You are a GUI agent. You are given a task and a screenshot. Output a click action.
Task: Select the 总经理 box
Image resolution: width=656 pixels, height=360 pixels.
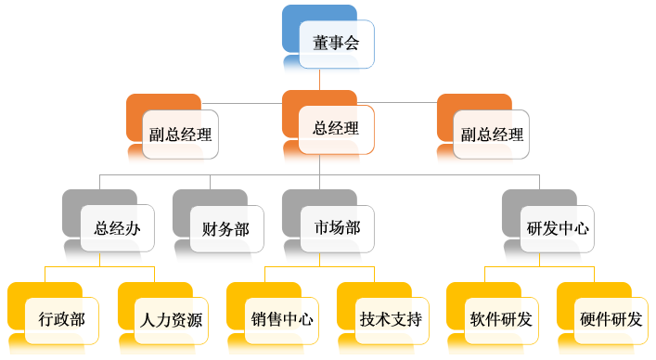click(x=336, y=130)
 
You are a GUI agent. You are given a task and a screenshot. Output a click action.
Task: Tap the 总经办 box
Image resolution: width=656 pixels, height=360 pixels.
click(x=117, y=228)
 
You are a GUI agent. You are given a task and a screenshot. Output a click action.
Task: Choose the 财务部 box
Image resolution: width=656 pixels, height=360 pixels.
click(x=225, y=228)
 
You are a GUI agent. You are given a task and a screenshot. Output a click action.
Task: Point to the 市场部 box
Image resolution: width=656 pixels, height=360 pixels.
click(x=337, y=228)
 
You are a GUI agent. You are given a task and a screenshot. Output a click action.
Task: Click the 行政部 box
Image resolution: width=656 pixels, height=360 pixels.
click(x=62, y=320)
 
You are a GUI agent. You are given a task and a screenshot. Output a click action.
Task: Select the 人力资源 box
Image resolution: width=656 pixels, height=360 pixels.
click(x=172, y=320)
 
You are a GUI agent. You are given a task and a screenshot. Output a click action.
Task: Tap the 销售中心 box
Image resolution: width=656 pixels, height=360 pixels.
click(x=281, y=320)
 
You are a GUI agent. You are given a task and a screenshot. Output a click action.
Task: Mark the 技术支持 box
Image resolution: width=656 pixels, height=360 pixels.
click(x=391, y=320)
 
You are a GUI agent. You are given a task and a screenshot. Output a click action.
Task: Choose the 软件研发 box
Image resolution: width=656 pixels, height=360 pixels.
click(x=500, y=320)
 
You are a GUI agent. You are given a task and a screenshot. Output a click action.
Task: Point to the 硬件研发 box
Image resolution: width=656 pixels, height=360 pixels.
click(x=610, y=320)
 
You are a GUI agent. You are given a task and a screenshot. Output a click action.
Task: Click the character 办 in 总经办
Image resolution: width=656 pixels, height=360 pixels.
click(x=133, y=228)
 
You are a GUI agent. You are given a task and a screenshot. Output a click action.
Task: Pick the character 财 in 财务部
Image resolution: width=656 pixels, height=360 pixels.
click(x=210, y=228)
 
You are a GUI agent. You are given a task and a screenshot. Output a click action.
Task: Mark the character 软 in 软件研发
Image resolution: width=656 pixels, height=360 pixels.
click(x=477, y=320)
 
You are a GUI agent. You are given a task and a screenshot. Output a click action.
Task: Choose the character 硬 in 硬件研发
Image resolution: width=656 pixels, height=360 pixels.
click(x=586, y=320)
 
